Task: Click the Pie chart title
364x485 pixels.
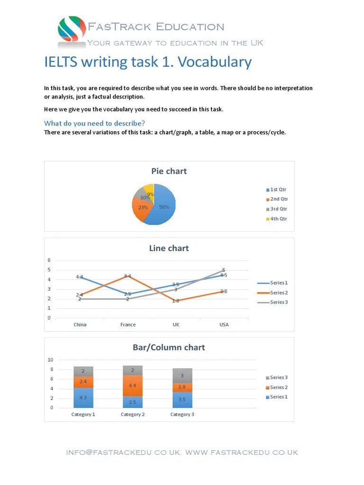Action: click(x=169, y=171)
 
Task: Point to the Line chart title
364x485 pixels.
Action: click(x=169, y=248)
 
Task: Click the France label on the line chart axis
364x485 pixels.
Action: click(x=128, y=324)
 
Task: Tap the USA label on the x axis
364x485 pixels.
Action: click(x=224, y=324)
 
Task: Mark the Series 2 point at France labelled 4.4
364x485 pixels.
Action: click(x=127, y=276)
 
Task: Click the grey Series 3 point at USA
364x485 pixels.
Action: click(x=224, y=270)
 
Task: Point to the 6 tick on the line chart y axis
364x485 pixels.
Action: click(x=49, y=260)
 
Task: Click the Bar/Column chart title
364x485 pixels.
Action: click(x=169, y=347)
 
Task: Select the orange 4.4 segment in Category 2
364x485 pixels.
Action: click(x=132, y=385)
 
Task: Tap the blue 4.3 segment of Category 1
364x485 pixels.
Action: click(x=83, y=398)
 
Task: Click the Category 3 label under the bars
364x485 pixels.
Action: click(x=182, y=414)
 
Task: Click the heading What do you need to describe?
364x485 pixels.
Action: click(x=94, y=123)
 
